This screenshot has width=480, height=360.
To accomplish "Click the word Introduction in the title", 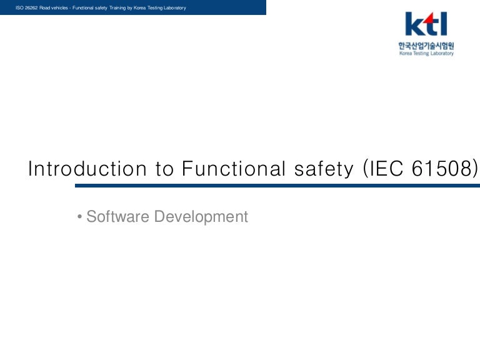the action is point(87,168).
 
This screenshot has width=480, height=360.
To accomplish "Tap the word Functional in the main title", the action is point(234,168).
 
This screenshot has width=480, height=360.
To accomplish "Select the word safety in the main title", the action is point(324,169).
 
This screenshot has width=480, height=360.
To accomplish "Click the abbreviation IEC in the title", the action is point(386,168).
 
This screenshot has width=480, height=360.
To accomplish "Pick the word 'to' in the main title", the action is point(165,169).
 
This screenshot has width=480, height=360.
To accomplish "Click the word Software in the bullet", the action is point(118,216).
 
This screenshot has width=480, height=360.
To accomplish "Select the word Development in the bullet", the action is point(201,217).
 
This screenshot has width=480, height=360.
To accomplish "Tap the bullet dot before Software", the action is point(79,217).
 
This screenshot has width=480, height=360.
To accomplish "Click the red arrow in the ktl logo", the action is point(431,19).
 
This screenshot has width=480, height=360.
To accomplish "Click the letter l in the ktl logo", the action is point(444,24).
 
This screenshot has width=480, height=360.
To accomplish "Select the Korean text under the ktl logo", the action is point(426,46).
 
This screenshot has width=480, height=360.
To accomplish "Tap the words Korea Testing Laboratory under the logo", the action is point(426,53).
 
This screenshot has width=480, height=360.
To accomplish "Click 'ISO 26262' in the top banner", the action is point(27,7).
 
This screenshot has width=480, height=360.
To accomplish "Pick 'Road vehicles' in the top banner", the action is point(54,7).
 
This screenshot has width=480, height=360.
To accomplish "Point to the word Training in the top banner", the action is point(117,7).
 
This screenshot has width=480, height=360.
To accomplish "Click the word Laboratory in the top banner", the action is point(175,7).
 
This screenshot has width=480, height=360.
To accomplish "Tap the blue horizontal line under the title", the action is point(277,186).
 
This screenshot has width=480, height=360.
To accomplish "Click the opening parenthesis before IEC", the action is point(365,169).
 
